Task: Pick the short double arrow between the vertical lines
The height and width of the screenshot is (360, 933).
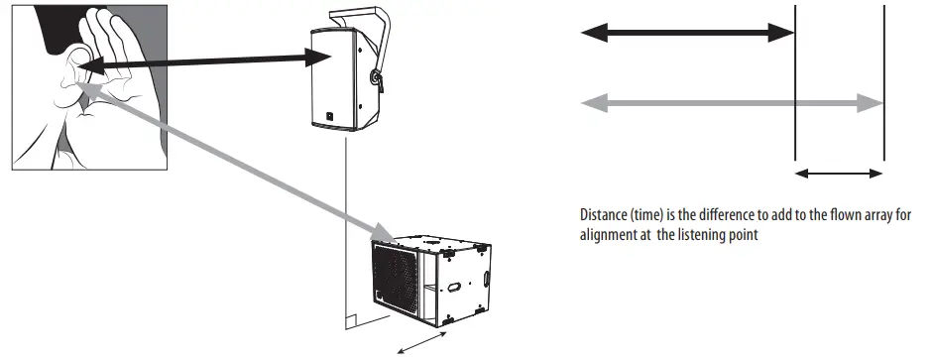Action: click(x=840, y=174)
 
